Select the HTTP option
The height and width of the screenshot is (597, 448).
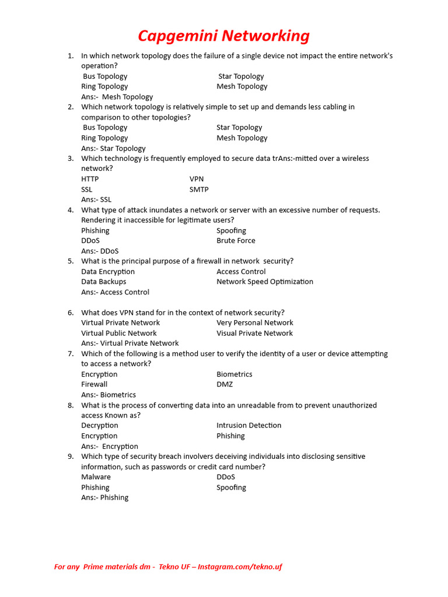90,179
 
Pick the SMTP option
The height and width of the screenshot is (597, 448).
199,189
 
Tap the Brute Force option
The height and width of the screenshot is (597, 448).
236,241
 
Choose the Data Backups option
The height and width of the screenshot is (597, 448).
104,282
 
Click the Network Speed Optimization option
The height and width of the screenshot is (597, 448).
265,282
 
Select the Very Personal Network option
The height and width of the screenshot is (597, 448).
255,323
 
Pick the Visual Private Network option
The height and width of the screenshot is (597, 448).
254,333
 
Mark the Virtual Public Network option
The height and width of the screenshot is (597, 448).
119,333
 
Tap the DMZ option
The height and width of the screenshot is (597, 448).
225,385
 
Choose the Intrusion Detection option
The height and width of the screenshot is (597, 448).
249,426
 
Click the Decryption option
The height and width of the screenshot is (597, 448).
100,426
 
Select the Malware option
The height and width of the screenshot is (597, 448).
96,477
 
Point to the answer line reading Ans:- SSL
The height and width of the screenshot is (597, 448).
96,199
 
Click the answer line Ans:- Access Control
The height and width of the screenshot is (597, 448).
115,292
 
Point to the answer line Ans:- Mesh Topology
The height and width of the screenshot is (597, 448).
117,97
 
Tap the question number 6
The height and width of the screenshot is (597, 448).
70,312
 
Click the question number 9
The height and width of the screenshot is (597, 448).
70,456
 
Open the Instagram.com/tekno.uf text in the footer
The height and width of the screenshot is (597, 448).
239,567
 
